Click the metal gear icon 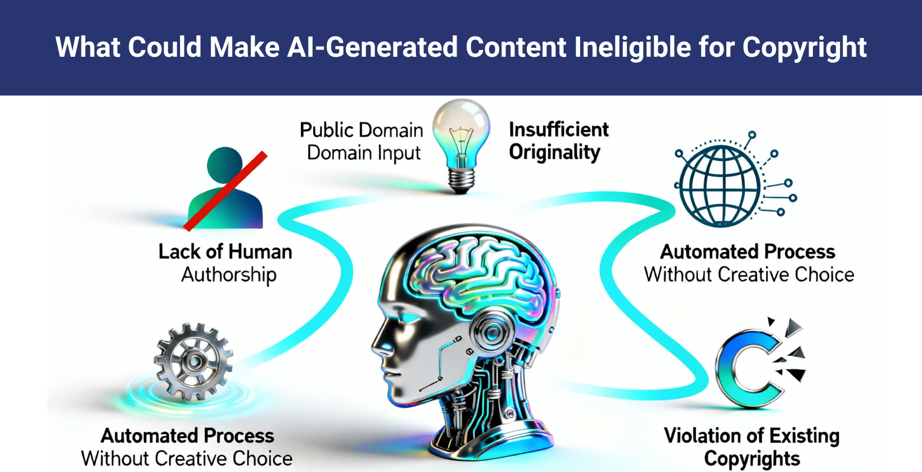[193, 361]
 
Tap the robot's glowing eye [408, 317]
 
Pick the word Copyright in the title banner [805, 47]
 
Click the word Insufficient [559, 130]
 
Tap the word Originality [554, 153]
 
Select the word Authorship [229, 275]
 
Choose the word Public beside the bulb [326, 130]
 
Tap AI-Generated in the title [371, 47]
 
